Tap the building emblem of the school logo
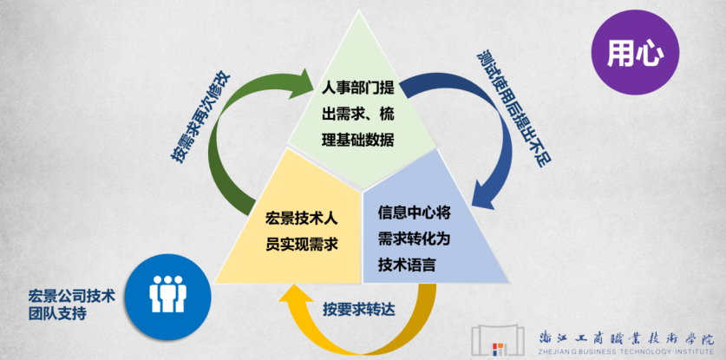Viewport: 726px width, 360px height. coord(498,340)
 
